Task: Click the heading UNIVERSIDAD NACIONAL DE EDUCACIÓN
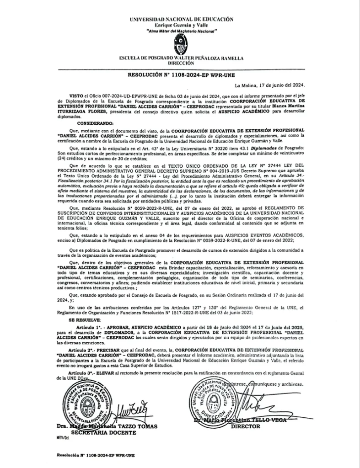(182, 20)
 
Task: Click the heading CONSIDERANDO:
(97, 123)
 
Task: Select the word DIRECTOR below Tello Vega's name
(246, 426)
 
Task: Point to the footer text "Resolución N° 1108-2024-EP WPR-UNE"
(96, 455)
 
